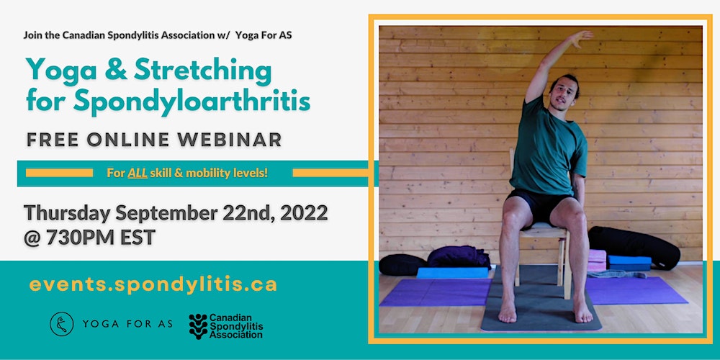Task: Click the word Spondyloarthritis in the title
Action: [x=192, y=100]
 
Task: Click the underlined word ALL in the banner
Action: [x=138, y=173]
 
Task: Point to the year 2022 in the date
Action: [x=304, y=213]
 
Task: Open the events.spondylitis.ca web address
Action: [x=153, y=284]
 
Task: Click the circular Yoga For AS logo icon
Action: [x=61, y=324]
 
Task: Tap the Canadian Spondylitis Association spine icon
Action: [x=198, y=326]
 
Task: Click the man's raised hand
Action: [x=580, y=38]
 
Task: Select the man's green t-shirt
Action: [x=548, y=148]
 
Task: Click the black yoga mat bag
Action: [x=634, y=247]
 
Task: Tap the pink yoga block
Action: [x=597, y=261]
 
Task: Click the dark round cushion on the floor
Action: [x=402, y=265]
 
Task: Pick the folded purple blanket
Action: [x=458, y=257]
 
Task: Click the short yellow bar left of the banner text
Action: [x=59, y=173]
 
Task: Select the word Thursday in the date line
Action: [x=67, y=214]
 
